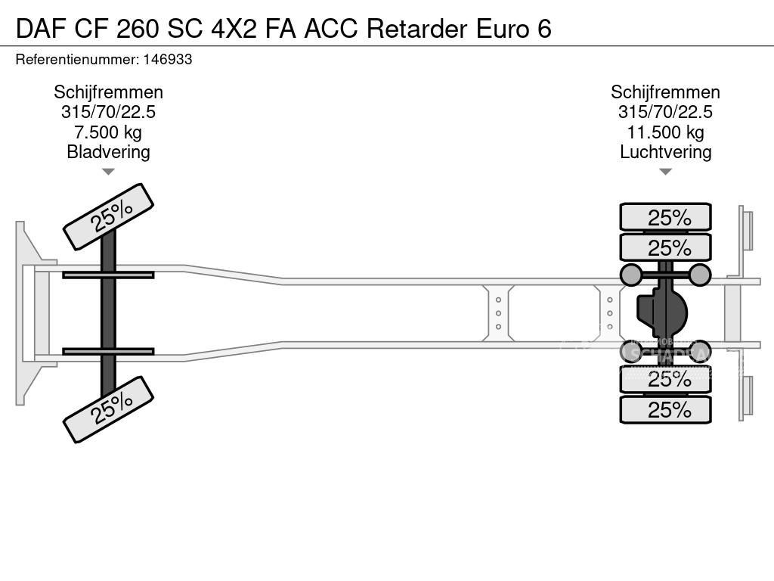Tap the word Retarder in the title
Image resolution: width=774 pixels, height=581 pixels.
click(x=420, y=28)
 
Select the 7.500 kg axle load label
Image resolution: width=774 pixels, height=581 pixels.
click(x=108, y=132)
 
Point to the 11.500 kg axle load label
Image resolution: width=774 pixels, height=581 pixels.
click(x=665, y=132)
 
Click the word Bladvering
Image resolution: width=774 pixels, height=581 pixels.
click(x=108, y=151)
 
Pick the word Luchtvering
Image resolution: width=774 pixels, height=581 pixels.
click(x=665, y=151)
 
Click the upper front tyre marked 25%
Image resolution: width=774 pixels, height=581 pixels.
click(x=108, y=216)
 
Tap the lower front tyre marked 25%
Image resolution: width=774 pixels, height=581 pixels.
click(x=108, y=409)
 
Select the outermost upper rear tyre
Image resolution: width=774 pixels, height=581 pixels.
click(x=665, y=217)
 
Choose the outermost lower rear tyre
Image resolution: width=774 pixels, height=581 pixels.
click(x=665, y=410)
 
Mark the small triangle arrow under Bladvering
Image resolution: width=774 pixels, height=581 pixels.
click(x=108, y=172)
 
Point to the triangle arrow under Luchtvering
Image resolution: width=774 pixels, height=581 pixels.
click(x=665, y=172)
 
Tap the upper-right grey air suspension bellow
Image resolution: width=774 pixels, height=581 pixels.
click(x=700, y=275)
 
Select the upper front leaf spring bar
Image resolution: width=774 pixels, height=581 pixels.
click(x=108, y=275)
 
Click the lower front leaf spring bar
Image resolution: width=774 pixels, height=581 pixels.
click(x=108, y=352)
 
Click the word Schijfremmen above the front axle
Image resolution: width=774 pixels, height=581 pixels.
click(x=108, y=92)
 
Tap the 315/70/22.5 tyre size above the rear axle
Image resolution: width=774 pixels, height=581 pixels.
click(x=665, y=112)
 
